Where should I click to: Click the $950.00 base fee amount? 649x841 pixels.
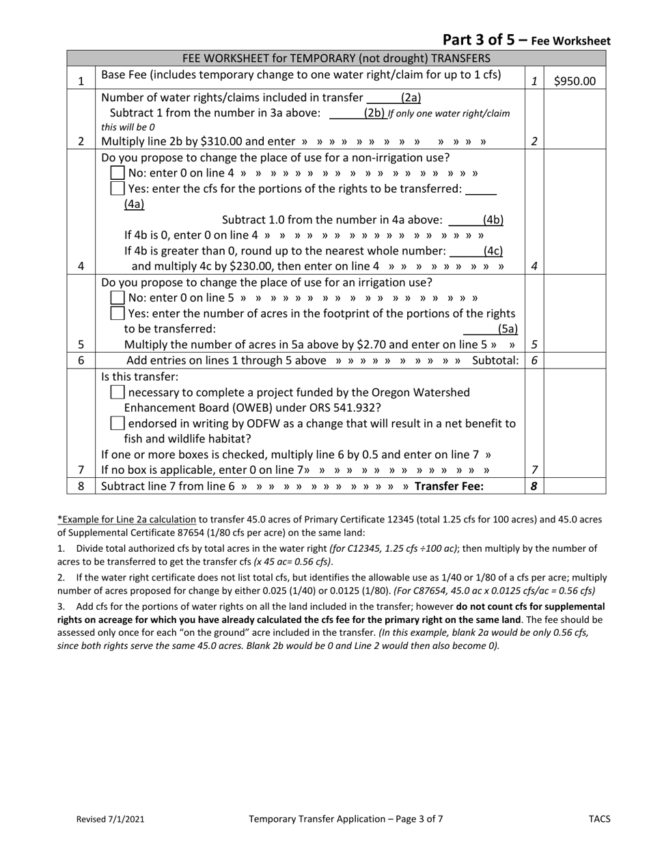point(575,81)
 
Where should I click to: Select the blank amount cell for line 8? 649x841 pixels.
point(575,486)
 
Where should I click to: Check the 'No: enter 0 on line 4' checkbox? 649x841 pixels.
point(118,173)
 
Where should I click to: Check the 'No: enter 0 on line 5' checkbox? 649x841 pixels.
point(118,297)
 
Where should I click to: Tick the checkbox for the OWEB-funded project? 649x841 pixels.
point(118,392)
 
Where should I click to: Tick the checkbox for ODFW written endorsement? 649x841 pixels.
point(118,423)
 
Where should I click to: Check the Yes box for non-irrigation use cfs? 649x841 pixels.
point(118,188)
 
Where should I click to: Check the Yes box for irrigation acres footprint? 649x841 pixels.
point(118,313)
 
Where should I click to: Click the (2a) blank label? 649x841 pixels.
point(411,98)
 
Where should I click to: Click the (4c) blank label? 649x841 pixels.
point(493,251)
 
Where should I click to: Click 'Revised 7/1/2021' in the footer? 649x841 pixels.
point(110,818)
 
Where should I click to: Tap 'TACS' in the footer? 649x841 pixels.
point(599,818)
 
